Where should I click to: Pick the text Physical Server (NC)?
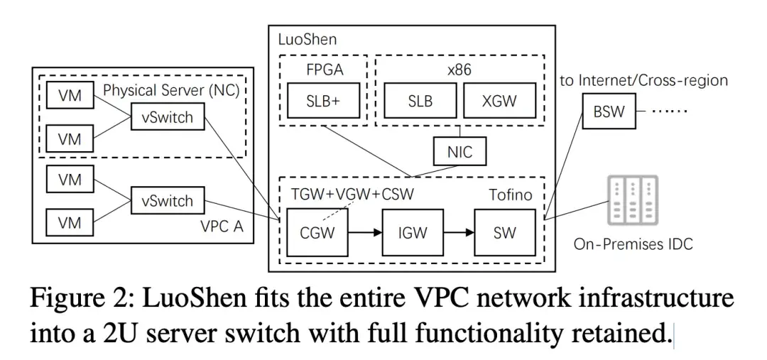click(170, 90)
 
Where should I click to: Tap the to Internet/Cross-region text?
click(643, 80)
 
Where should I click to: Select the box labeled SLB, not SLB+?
click(420, 101)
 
